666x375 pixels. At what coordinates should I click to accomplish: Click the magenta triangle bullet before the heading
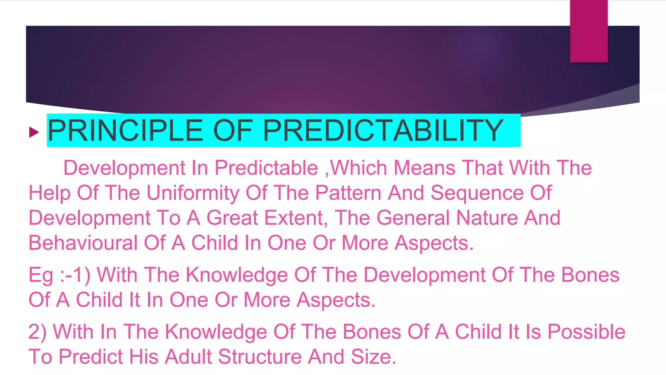34,132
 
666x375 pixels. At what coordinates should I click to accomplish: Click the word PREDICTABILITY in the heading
383,131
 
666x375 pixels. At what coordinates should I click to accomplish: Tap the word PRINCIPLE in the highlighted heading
125,131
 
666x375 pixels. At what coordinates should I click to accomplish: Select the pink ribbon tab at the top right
589,31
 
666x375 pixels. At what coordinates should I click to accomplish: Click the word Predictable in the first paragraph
266,168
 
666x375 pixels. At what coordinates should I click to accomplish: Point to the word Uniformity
193,193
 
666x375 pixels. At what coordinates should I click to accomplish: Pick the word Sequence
477,193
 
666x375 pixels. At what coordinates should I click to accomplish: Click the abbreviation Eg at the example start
41,275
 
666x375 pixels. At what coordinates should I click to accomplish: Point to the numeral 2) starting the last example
37,332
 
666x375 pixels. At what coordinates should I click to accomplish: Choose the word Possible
586,332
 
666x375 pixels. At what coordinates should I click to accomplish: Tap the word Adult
188,357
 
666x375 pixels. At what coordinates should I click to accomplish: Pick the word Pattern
348,193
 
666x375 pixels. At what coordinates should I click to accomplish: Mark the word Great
232,218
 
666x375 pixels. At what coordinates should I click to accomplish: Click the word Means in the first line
424,168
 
